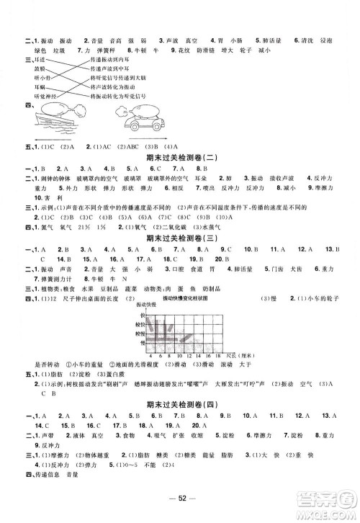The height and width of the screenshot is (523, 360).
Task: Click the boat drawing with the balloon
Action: point(62,118)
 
